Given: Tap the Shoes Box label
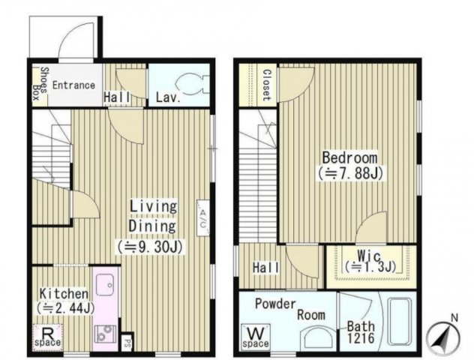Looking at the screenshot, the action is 40,83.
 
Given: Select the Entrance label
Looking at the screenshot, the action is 73,85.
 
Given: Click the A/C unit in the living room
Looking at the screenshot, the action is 202,217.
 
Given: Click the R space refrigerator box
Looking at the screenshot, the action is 47,337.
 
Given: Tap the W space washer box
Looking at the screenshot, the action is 256,337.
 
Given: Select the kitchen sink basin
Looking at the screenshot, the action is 104,284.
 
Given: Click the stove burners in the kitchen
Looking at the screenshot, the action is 104,334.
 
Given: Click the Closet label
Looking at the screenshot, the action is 267,85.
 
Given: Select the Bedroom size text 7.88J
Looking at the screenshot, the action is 351,173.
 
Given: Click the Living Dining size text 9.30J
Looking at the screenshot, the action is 150,247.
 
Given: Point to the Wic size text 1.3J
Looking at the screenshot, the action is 370,267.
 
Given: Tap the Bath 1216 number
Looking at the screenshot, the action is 361,338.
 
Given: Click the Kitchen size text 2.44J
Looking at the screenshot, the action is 65,308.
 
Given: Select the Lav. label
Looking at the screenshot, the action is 168,97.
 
